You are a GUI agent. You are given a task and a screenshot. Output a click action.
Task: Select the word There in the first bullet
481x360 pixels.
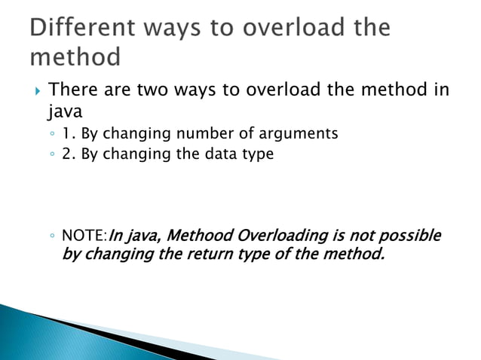point(73,90)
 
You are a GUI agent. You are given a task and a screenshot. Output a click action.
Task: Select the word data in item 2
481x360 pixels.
point(211,154)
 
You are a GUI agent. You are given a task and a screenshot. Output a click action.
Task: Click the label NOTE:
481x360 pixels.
point(85,236)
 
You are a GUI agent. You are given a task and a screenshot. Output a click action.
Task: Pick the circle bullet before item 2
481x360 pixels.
point(51,155)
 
